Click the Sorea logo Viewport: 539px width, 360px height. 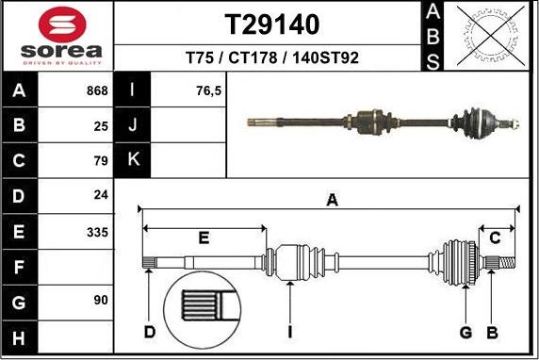[x=57, y=35]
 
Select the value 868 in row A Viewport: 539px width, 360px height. [x=96, y=91]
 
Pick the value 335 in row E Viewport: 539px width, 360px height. [x=96, y=232]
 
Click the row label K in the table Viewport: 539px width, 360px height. [x=133, y=160]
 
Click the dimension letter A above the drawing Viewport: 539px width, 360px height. [x=332, y=199]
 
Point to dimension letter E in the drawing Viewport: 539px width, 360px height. [x=204, y=237]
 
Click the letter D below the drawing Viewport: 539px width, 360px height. [x=149, y=332]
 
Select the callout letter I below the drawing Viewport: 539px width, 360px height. [x=291, y=332]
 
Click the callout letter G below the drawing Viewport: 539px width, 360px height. [x=465, y=332]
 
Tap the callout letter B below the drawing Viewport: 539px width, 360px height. [x=491, y=332]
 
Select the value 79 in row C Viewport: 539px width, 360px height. [x=101, y=161]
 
